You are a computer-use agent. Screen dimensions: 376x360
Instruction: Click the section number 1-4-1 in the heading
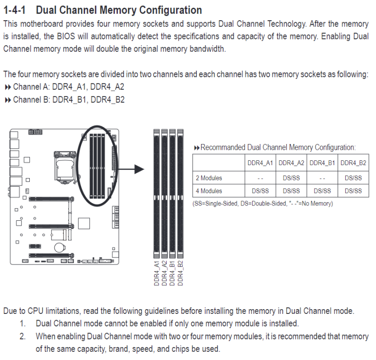(14, 10)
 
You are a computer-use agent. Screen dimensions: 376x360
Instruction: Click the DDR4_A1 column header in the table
(260, 163)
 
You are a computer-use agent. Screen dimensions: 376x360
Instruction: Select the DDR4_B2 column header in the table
(353, 163)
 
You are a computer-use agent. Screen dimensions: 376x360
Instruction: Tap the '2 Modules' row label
(209, 178)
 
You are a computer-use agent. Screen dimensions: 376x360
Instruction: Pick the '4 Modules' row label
(209, 191)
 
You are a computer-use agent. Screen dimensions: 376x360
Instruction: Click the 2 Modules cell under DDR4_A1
(260, 179)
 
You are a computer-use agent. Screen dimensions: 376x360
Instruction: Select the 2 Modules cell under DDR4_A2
(291, 178)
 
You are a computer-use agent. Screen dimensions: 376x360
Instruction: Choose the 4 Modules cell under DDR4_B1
(322, 191)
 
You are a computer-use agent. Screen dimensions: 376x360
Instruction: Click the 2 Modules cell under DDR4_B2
(353, 178)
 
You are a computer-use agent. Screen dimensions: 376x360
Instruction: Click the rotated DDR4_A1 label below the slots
(157, 273)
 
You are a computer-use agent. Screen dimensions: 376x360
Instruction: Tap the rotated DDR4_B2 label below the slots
(181, 273)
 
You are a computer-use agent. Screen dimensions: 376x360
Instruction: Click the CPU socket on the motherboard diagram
(65, 168)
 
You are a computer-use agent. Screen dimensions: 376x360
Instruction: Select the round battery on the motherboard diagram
(59, 247)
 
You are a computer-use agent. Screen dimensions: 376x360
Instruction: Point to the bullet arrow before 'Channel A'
(8, 87)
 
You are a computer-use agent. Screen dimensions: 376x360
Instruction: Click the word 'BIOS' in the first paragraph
(66, 36)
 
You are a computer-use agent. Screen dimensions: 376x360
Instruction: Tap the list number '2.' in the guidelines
(23, 336)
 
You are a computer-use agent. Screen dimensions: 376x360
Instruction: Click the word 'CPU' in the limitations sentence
(35, 311)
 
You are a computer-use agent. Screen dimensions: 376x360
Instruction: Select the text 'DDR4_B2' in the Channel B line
(108, 100)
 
